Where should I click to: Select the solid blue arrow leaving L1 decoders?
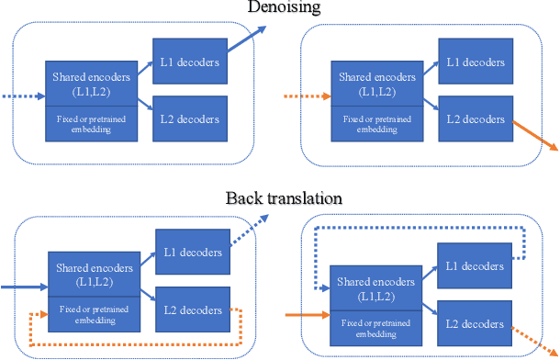pyautogui.click(x=245, y=42)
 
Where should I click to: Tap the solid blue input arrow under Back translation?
pyautogui.click(x=25, y=287)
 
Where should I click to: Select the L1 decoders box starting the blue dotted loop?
pyautogui.click(x=474, y=265)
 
